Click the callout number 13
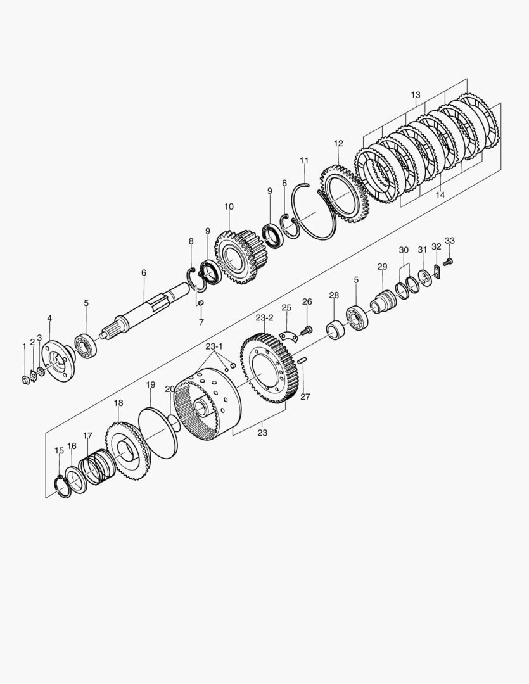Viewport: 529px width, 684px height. [x=416, y=95]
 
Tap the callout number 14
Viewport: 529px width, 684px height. [x=440, y=196]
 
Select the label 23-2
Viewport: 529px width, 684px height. [x=264, y=317]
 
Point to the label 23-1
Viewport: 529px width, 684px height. [x=214, y=346]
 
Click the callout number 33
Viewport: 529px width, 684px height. [x=450, y=241]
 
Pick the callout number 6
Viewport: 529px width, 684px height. [x=144, y=272]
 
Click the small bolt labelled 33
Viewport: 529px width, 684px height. [x=447, y=262]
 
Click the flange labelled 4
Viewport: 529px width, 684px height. [x=56, y=360]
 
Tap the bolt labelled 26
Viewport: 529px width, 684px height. [x=308, y=329]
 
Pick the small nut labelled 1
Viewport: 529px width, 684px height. [x=26, y=379]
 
